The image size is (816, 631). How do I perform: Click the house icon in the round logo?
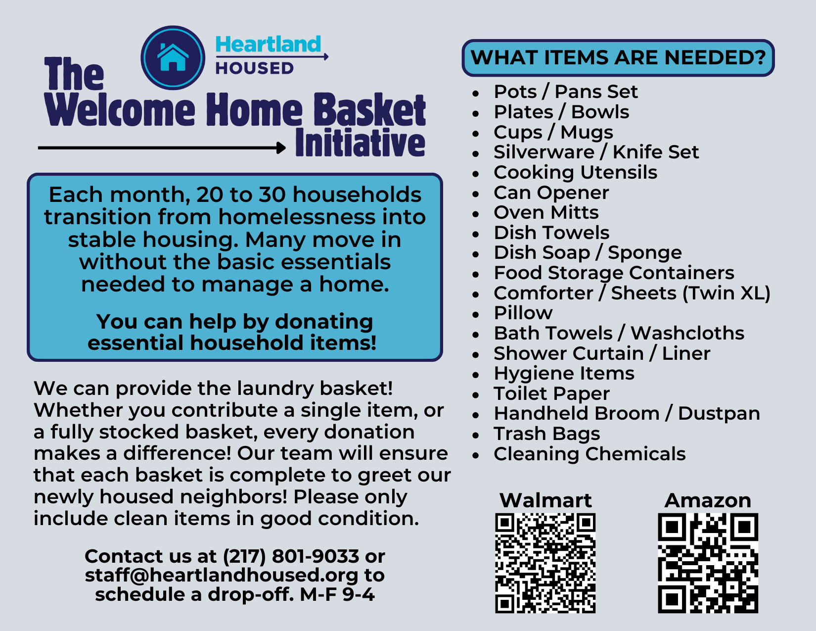173,57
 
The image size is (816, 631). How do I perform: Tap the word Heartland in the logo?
268,44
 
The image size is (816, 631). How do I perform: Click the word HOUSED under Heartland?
255,68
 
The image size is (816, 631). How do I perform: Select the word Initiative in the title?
360,143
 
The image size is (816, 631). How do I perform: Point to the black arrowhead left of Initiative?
281,147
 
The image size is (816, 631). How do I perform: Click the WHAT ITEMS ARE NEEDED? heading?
618,57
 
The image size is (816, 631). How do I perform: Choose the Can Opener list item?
551,193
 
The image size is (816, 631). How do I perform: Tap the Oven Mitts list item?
546,212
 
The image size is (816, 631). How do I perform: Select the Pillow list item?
523,313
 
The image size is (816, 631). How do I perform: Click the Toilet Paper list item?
551,394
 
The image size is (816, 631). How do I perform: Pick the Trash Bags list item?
547,434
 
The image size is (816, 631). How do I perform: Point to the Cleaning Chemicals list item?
589,454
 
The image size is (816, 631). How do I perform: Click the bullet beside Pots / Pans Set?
476,93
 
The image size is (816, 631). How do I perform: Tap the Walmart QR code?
545,563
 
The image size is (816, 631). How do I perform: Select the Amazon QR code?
708,563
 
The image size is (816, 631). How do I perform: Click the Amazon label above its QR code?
708,500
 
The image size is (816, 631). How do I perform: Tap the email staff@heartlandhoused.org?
222,576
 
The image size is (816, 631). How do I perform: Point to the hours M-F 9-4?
337,594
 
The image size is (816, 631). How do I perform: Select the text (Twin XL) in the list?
726,293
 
